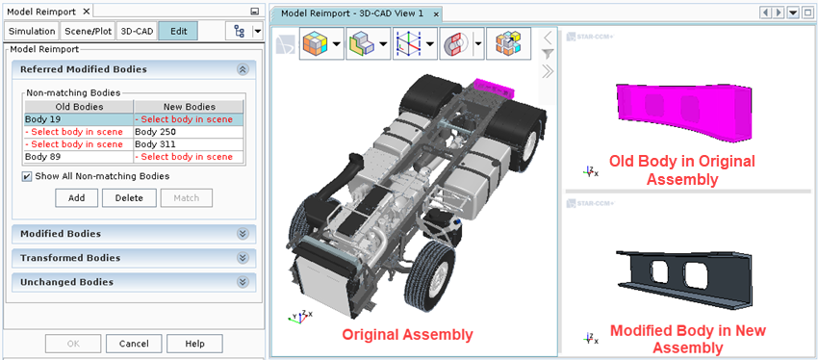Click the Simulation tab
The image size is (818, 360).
point(32,32)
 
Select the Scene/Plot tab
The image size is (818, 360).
point(89,32)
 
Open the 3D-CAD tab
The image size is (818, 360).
point(137,32)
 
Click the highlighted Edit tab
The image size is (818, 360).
point(178,32)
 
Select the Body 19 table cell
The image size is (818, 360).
point(79,119)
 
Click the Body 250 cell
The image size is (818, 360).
point(189,132)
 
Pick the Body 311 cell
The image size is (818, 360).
point(189,144)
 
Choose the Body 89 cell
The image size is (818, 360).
point(79,157)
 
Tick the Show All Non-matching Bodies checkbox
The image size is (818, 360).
point(27,176)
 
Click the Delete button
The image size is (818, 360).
point(129,198)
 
